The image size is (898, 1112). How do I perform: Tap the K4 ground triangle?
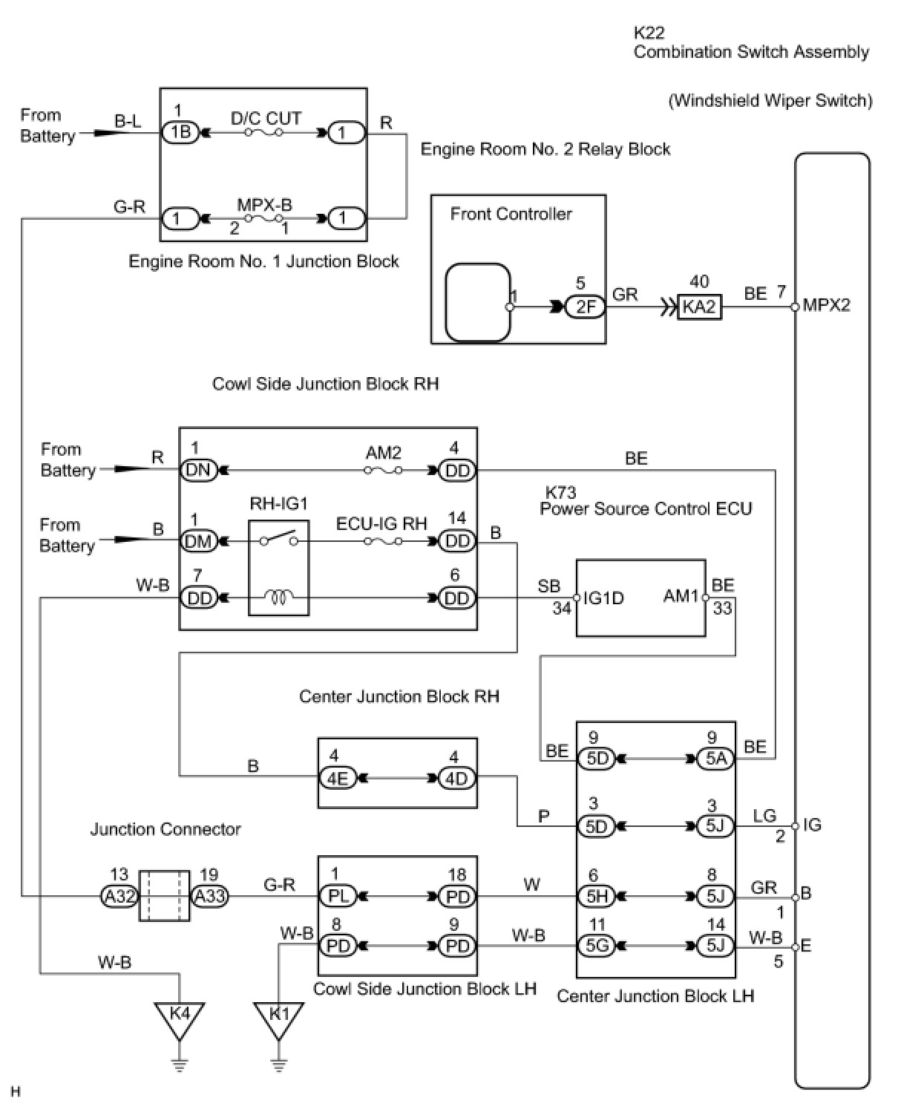coord(179,1015)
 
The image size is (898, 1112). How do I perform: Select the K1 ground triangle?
coord(278,1015)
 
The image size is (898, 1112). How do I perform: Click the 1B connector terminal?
coord(180,133)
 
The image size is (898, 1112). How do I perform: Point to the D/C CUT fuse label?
coord(266,119)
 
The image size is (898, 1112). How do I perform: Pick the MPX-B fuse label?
coord(264,204)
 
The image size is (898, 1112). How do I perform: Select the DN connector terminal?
coord(199,470)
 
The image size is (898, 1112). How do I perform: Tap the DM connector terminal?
coord(199,541)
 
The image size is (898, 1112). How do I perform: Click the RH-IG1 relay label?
coord(278,504)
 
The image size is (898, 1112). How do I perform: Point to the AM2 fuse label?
coord(383,453)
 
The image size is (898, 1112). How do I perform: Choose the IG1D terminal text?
coord(603,598)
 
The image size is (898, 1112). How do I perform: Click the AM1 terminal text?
coord(681,596)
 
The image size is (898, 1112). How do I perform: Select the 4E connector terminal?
coord(338,778)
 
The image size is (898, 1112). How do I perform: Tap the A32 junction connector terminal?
coord(119,897)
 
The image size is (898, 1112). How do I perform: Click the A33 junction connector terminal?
coord(209,897)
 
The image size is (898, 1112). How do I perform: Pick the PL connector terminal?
coord(338,897)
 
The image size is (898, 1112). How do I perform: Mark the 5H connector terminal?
coord(597,897)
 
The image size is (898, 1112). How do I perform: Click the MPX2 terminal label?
coord(827,306)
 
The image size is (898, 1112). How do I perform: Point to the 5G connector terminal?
coord(597,946)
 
